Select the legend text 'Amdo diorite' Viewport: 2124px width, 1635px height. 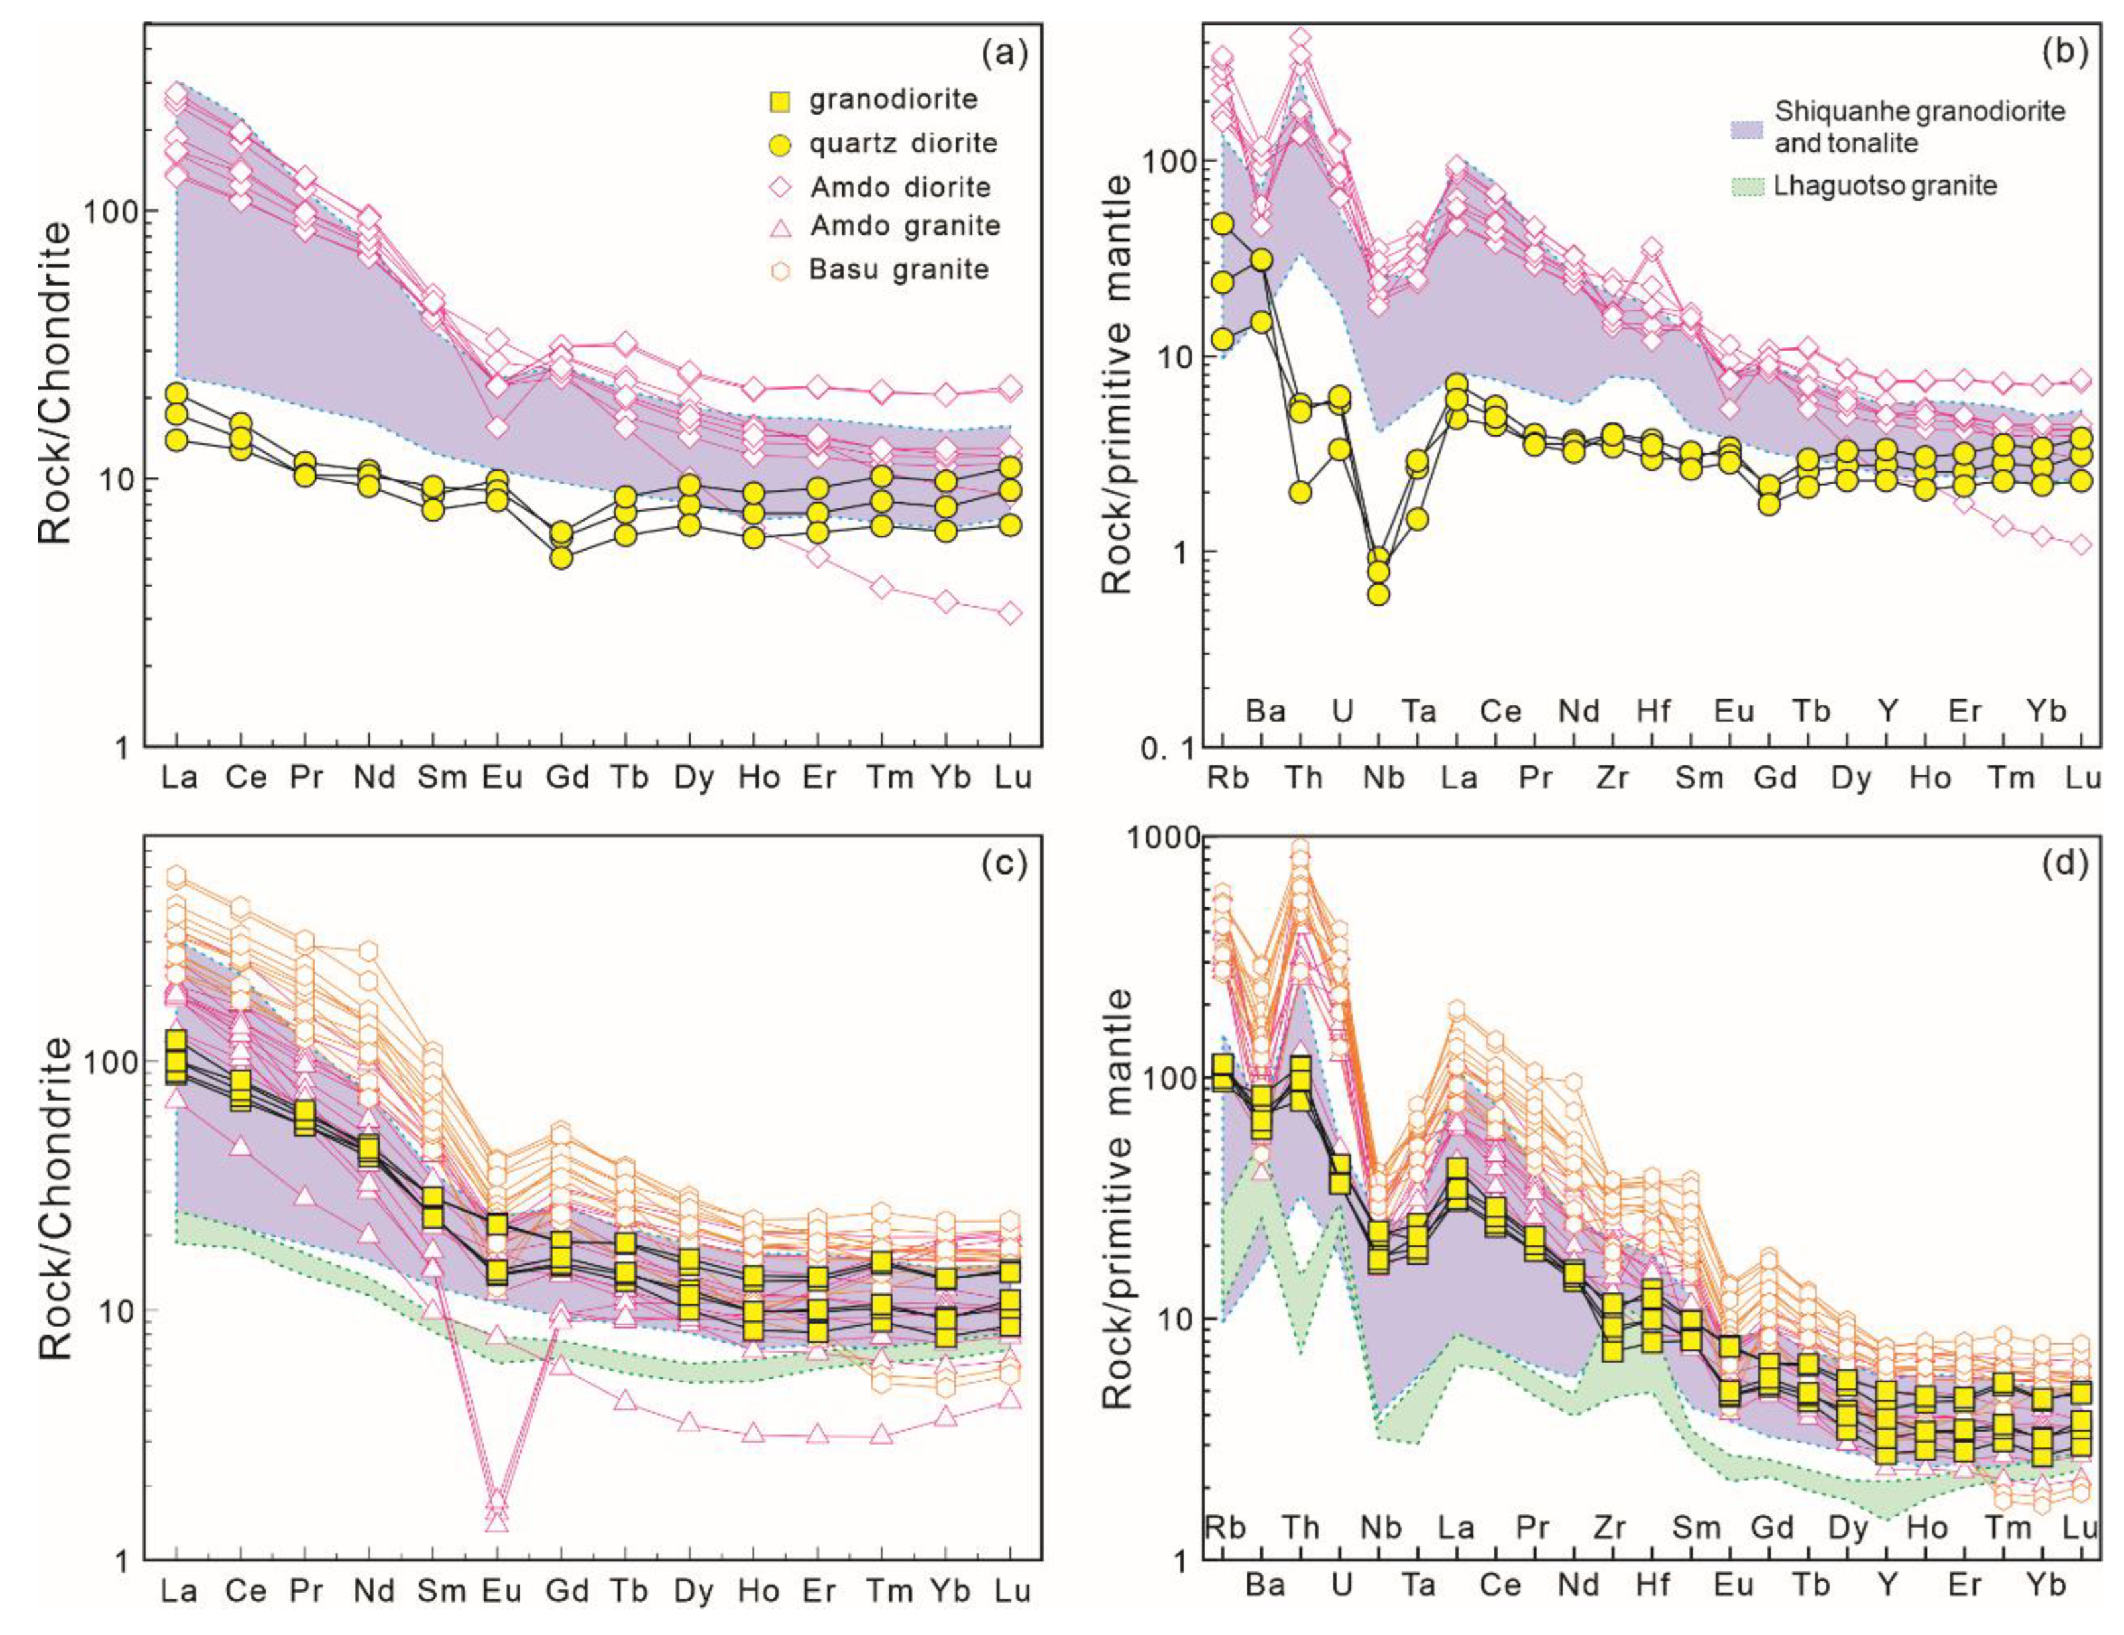(901, 187)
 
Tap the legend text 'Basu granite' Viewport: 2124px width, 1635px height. (899, 270)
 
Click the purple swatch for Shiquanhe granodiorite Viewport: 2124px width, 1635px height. (1747, 127)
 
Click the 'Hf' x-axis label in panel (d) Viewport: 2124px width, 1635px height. (1653, 1585)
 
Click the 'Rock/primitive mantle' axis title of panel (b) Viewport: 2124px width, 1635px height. (1119, 384)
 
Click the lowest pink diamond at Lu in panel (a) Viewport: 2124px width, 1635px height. (1011, 613)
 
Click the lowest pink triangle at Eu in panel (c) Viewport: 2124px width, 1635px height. (497, 1521)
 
